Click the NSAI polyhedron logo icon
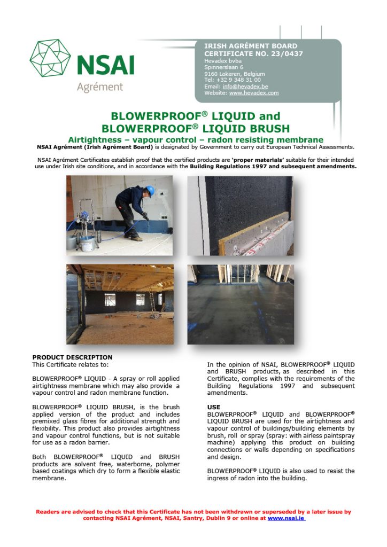[51, 59]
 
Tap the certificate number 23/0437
[288, 53]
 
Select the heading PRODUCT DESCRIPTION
[72, 357]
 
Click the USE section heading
[213, 407]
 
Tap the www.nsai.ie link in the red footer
[286, 518]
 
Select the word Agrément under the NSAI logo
[99, 87]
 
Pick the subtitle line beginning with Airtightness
[195, 139]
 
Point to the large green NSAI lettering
[105, 66]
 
